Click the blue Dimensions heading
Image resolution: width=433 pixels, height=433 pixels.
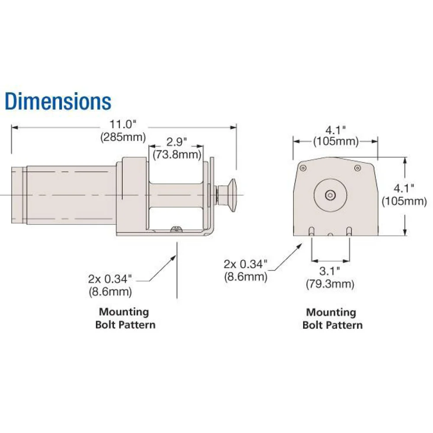click(x=58, y=101)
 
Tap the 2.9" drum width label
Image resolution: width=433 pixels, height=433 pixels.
click(x=176, y=142)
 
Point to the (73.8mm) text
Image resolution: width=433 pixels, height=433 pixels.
click(x=176, y=155)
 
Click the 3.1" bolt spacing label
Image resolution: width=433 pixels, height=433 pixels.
click(x=330, y=271)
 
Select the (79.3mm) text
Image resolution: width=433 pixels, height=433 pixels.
click(x=330, y=284)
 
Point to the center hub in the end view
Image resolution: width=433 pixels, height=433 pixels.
click(x=330, y=195)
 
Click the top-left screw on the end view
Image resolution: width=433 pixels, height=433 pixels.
click(x=303, y=168)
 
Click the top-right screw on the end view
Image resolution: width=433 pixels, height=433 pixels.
click(x=357, y=168)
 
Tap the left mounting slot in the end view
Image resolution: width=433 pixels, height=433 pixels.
click(x=311, y=231)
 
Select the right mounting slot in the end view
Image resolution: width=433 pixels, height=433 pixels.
click(x=349, y=231)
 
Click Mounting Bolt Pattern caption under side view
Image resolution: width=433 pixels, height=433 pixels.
click(x=125, y=318)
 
